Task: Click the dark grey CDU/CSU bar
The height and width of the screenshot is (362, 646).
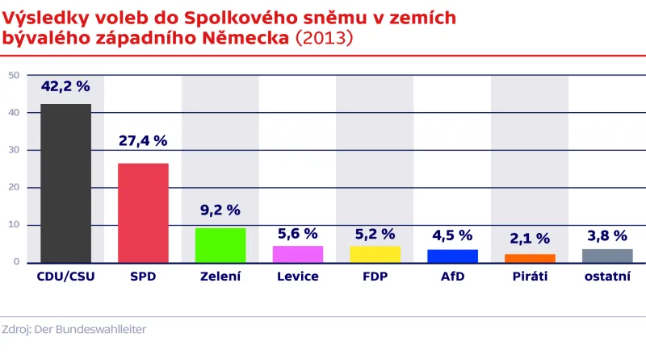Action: [x=65, y=183]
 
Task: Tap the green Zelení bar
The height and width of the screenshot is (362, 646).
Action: [x=220, y=245]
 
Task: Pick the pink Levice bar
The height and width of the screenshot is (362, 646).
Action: [x=298, y=254]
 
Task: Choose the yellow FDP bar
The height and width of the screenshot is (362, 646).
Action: [x=375, y=254]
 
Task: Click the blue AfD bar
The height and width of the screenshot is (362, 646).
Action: [x=452, y=256]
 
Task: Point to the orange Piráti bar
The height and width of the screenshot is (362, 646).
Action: [x=530, y=258]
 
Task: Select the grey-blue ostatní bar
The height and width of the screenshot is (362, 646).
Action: [x=607, y=256]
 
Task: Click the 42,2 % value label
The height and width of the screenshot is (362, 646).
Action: [x=65, y=87]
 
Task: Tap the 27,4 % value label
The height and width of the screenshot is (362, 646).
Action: [x=143, y=141]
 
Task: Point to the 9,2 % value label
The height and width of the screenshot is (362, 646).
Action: [x=220, y=210]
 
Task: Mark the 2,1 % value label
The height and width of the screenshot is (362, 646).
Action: [x=530, y=239]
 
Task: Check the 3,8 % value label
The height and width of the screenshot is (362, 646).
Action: [x=607, y=236]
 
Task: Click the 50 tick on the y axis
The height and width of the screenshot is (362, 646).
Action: [x=14, y=76]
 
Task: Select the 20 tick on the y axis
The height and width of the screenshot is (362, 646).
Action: [x=14, y=188]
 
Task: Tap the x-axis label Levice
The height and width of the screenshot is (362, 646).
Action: [x=298, y=277]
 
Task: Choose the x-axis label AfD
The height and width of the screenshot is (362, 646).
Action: [x=452, y=277]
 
